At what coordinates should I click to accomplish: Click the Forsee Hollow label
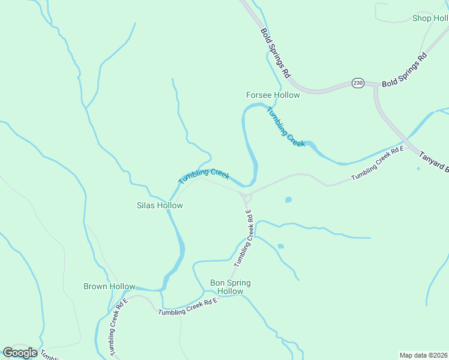273,95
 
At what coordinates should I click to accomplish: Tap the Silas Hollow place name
160,205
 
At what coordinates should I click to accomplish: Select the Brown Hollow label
109,287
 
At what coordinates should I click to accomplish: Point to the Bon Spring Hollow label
230,287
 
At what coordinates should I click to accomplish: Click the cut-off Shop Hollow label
430,18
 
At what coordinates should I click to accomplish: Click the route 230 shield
358,83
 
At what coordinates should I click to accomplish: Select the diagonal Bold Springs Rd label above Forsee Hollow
276,53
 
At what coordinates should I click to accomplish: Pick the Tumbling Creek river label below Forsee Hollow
286,127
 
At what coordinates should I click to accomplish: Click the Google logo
20,353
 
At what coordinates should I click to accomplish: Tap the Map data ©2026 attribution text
424,355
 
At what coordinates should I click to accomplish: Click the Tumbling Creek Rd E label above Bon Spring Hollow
244,238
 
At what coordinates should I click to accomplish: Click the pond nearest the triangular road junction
289,199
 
